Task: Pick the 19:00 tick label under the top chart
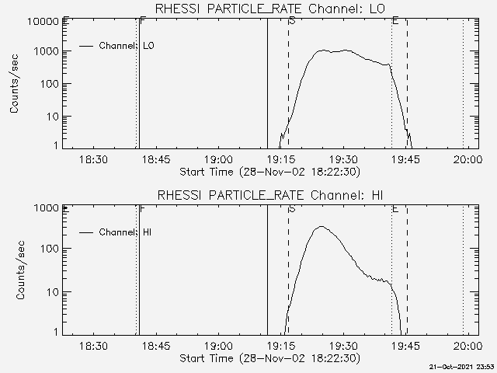pyautogui.click(x=218, y=159)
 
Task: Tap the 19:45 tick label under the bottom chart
pyautogui.click(x=404, y=346)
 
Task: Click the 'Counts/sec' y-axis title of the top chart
pyautogui.click(x=15, y=84)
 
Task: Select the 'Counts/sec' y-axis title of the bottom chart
pyautogui.click(x=15, y=270)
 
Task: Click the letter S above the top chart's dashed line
pyautogui.click(x=291, y=20)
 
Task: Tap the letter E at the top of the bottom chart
pyautogui.click(x=395, y=208)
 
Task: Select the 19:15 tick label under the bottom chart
pyautogui.click(x=280, y=346)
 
